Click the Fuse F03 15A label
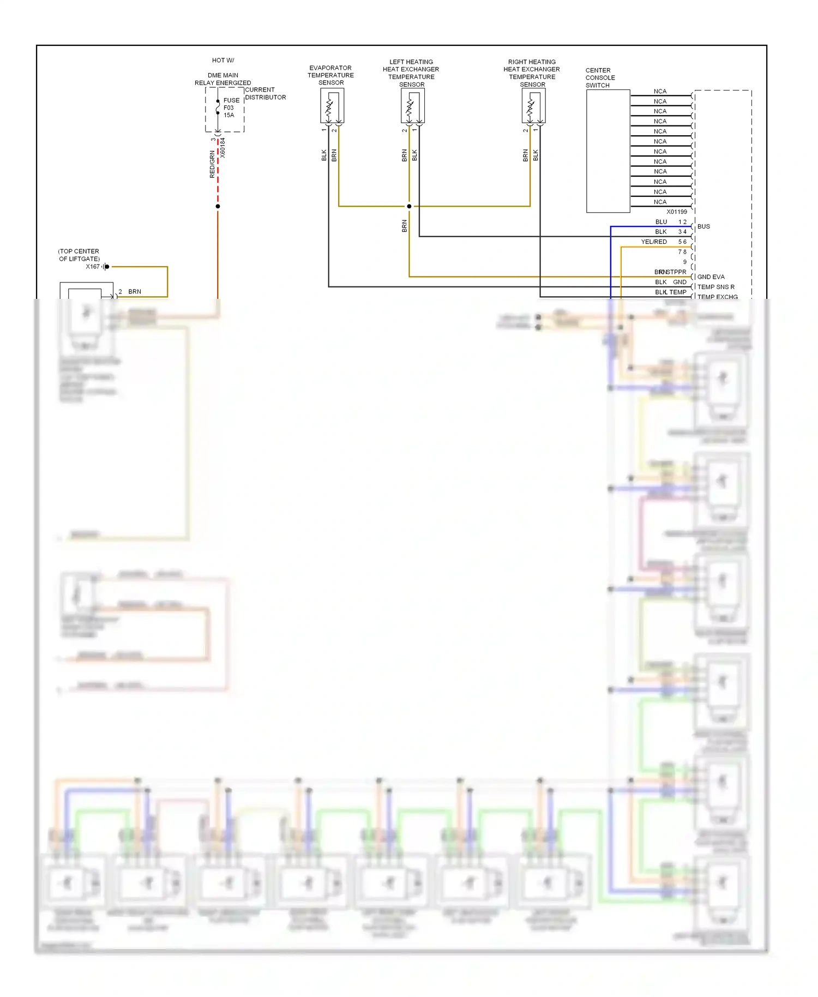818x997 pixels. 231,107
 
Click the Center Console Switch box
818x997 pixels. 608,151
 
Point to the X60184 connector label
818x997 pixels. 222,148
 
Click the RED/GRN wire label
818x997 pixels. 212,164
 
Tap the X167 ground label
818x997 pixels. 93,267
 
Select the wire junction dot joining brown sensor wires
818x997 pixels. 409,206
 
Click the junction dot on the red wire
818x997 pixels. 218,206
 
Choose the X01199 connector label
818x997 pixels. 676,212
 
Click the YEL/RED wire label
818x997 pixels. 653,242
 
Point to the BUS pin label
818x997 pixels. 703,226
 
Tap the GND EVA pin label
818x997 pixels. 711,277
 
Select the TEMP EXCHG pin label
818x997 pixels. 717,297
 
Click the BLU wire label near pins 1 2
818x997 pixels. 661,222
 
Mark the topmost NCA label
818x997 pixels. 660,92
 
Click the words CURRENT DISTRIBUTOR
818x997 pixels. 265,93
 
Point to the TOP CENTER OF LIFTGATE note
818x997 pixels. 79,255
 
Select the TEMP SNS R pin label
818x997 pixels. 715,287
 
